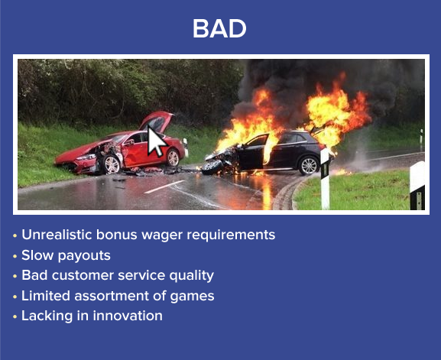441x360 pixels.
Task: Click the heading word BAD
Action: click(219, 28)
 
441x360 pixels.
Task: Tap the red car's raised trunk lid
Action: click(157, 121)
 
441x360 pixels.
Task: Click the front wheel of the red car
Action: click(112, 164)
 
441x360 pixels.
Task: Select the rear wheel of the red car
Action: click(173, 157)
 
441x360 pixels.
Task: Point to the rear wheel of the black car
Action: click(309, 166)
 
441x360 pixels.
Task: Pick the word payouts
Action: click(84, 256)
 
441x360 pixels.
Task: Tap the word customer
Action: click(83, 275)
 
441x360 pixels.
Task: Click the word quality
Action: click(192, 276)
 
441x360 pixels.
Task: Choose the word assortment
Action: click(112, 296)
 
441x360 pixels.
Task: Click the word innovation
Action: click(128, 316)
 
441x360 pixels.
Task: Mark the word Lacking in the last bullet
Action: click(47, 316)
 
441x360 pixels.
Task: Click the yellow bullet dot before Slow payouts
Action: click(15, 256)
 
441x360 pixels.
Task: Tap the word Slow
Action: click(37, 255)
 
